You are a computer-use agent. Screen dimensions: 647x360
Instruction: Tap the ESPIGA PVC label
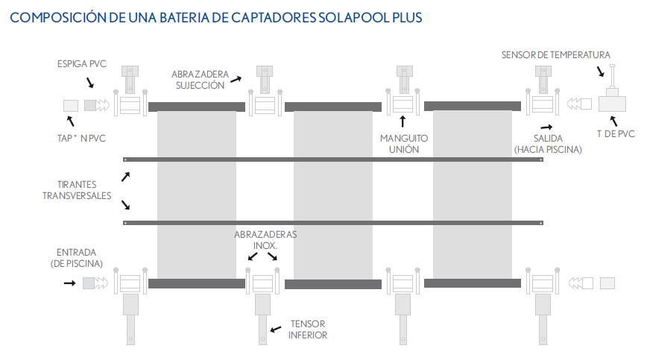pos(82,64)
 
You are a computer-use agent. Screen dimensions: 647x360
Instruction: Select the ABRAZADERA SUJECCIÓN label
pos(200,80)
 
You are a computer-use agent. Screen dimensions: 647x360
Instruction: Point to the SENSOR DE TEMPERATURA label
pos(555,55)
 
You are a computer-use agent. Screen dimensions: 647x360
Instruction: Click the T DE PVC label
pos(616,133)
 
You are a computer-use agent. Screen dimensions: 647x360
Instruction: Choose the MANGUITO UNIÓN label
pos(404,144)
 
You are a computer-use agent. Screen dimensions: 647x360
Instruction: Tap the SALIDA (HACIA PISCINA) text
pos(548,144)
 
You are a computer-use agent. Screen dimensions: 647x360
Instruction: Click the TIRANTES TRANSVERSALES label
pos(77,190)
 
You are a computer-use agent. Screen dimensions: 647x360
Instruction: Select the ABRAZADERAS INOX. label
pos(265,240)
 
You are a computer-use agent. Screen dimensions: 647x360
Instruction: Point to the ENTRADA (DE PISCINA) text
pos(76,258)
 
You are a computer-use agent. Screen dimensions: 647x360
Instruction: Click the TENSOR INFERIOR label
pos(308,329)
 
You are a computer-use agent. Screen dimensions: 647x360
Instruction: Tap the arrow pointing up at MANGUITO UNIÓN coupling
pos(403,121)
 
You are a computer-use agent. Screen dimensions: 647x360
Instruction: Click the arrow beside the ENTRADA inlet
pos(70,283)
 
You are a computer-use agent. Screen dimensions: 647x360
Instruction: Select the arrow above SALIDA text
pos(546,127)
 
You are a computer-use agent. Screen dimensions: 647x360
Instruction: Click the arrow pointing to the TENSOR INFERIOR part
pos(276,329)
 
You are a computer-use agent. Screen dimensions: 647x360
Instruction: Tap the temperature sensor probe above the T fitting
pos(612,75)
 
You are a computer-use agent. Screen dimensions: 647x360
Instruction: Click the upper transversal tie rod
pos(333,160)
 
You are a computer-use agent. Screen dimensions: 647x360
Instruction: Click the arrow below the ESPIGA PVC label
pos(90,83)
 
